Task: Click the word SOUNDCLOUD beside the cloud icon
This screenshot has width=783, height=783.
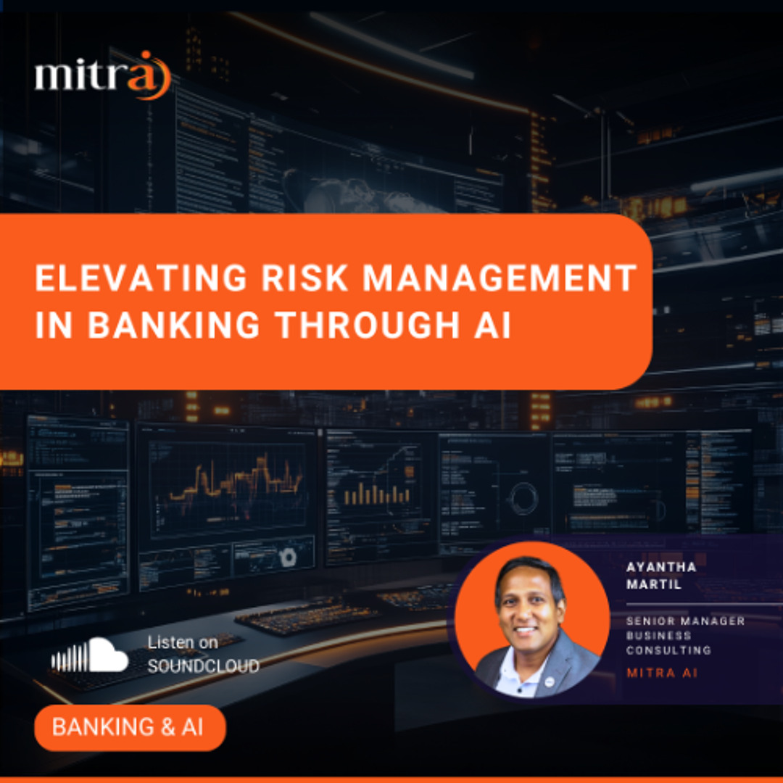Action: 203,666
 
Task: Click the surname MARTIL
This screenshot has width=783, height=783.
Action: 654,584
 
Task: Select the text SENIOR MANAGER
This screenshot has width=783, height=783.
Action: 684,621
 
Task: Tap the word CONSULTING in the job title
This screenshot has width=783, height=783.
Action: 668,650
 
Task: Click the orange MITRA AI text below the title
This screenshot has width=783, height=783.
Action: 662,673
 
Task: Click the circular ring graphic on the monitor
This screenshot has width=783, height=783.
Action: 523,497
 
